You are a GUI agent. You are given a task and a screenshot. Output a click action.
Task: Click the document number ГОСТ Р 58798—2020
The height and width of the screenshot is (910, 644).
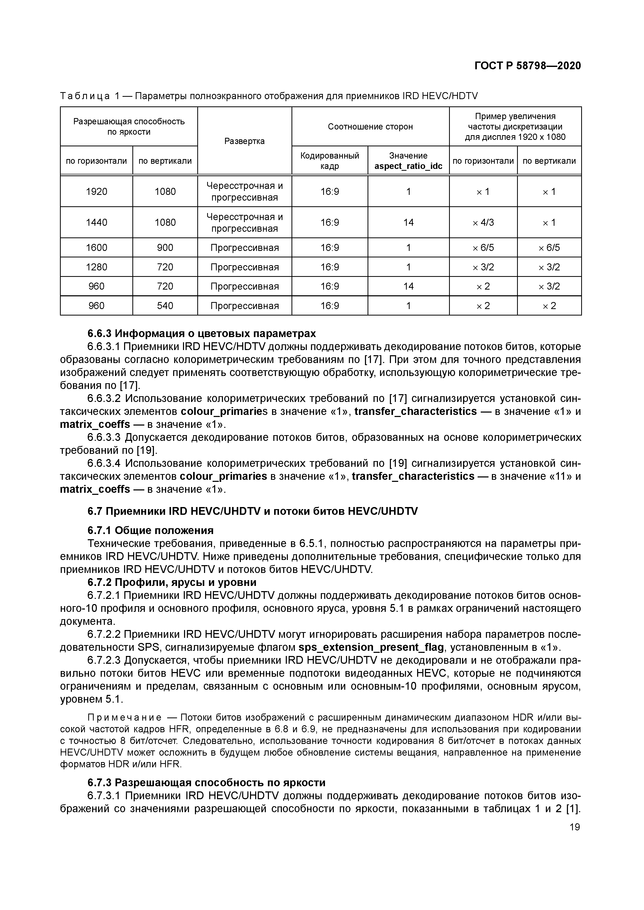pyautogui.click(x=527, y=66)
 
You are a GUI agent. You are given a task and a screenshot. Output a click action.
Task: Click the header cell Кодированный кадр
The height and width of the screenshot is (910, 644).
pyautogui.click(x=330, y=161)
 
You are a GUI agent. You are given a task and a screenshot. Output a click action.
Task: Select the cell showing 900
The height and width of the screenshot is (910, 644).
pyautogui.click(x=165, y=248)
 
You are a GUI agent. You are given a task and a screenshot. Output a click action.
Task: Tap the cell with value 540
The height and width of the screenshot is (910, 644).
pyautogui.click(x=165, y=306)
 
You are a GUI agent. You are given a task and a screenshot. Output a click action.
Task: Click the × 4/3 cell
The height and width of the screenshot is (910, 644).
pyautogui.click(x=483, y=222)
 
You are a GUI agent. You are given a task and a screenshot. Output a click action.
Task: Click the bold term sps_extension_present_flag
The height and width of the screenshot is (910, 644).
pyautogui.click(x=371, y=647)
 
